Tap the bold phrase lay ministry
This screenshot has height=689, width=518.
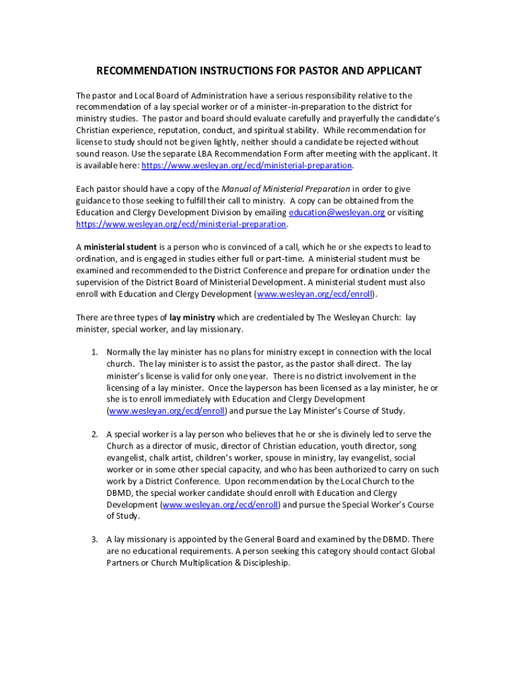click(193, 318)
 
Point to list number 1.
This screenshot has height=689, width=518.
click(95, 353)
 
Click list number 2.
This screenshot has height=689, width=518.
click(95, 435)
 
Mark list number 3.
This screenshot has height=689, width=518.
click(95, 540)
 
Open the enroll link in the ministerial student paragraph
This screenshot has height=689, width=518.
click(316, 295)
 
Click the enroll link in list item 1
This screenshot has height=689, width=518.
click(166, 411)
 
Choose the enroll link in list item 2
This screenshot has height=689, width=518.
click(220, 505)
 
